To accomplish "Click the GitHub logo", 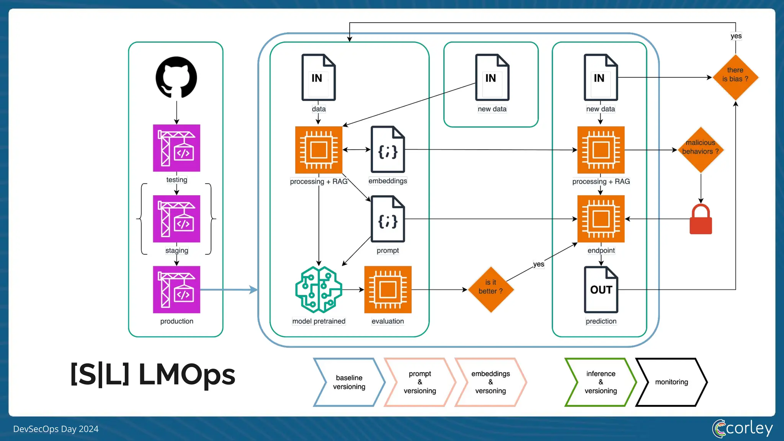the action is [176, 78].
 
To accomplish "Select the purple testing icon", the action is [176, 148].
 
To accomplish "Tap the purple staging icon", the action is [176, 219].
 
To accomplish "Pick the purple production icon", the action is [176, 290].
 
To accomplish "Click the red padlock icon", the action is [701, 219].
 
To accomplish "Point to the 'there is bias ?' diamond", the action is [735, 77].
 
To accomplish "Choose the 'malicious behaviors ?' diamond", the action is [701, 150].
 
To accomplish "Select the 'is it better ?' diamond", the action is [491, 290].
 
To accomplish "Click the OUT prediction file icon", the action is [601, 290].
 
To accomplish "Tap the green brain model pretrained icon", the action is [319, 290].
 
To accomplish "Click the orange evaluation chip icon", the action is [388, 290].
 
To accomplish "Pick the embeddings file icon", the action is [388, 149].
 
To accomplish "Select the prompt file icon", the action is [388, 219].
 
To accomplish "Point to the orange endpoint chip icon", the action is [601, 219].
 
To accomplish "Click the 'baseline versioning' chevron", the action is [349, 382].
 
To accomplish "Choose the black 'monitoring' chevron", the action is [671, 382].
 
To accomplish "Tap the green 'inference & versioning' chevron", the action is [601, 382].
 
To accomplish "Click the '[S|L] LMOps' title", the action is [153, 374].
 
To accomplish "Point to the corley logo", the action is [742, 428].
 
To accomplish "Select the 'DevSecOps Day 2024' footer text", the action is [56, 429].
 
